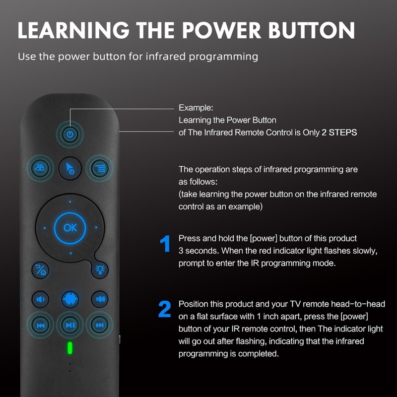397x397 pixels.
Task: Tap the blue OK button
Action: coord(70,227)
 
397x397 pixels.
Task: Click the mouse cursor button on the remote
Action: coord(70,169)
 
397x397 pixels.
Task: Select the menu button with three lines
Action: coord(100,168)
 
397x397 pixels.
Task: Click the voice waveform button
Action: coord(70,299)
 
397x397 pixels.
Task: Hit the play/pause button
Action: coord(70,325)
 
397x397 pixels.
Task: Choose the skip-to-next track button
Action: coord(100,325)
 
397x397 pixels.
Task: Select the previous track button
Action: coord(40,325)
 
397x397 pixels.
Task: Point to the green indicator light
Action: coord(70,348)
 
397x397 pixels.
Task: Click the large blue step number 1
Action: coord(165,245)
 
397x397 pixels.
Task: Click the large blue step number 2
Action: coord(164,310)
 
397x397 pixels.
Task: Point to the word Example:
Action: coord(195,108)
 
